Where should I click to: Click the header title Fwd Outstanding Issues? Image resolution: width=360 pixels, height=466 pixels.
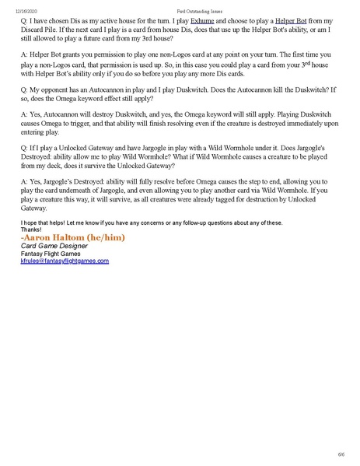tap(180, 6)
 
